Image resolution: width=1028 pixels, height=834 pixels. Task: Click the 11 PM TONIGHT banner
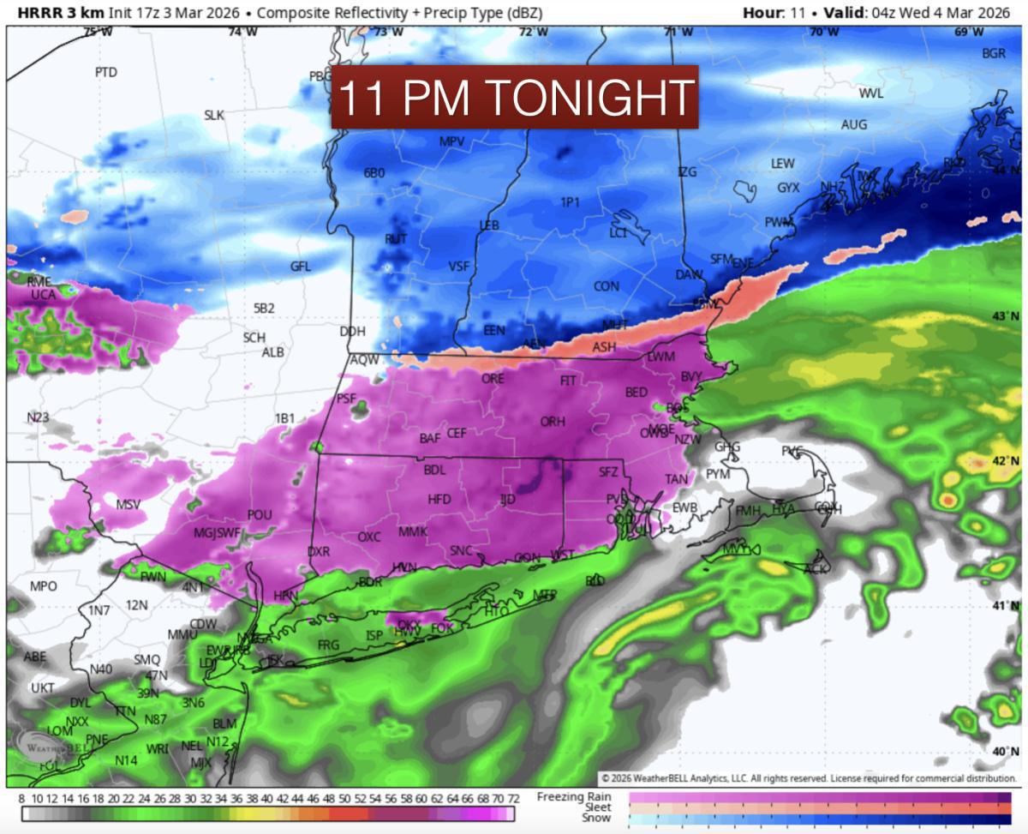(515, 97)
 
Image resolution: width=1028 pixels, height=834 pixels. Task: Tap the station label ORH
(553, 421)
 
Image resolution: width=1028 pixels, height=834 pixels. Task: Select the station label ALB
(273, 352)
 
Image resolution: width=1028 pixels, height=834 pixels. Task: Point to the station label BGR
(994, 53)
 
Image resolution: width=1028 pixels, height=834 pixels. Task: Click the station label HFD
(439, 499)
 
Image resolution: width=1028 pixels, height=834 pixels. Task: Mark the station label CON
(607, 285)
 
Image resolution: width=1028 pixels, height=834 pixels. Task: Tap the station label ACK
(817, 568)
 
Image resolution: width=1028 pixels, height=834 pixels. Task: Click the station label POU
(260, 514)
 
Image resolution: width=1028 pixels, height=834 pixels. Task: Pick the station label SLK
(214, 115)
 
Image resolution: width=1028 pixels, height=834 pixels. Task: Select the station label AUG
(853, 124)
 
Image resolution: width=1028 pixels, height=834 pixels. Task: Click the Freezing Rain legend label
(573, 797)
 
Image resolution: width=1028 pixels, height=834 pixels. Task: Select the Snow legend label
(597, 818)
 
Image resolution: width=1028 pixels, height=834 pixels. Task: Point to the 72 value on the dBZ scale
(512, 798)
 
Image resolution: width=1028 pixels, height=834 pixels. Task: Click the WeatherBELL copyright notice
(809, 778)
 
